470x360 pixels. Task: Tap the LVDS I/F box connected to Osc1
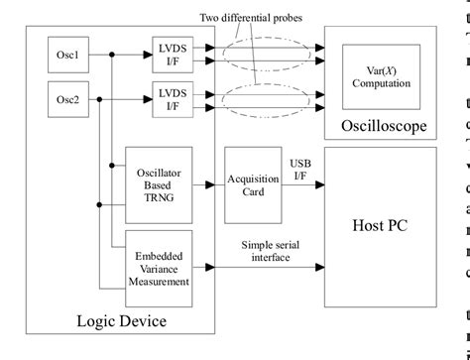pos(173,54)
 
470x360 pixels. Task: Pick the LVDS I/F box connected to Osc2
pos(173,98)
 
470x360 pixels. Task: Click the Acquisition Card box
pos(246,183)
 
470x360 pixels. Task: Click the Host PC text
pos(380,225)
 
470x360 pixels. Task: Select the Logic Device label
pos(121,320)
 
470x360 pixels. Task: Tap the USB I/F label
pos(298,169)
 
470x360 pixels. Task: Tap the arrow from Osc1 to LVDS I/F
pos(139,54)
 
